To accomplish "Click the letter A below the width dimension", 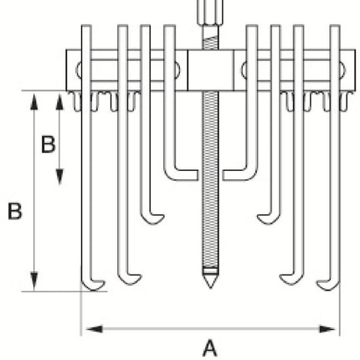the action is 209,347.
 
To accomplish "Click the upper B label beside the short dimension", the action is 49,144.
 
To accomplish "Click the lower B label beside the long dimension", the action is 15,211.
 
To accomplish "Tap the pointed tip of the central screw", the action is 210,287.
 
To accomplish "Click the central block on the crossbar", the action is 210,70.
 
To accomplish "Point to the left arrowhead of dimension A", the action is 95,329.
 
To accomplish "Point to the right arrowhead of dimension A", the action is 327,329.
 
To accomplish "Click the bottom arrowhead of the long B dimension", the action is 34,281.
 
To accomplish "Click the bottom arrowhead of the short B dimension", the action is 59,177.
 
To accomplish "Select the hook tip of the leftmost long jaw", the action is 104,283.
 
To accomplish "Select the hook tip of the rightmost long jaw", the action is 317,283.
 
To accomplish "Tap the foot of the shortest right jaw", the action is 235,175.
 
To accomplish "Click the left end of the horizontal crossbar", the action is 67,70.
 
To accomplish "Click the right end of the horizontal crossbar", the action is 355,70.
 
